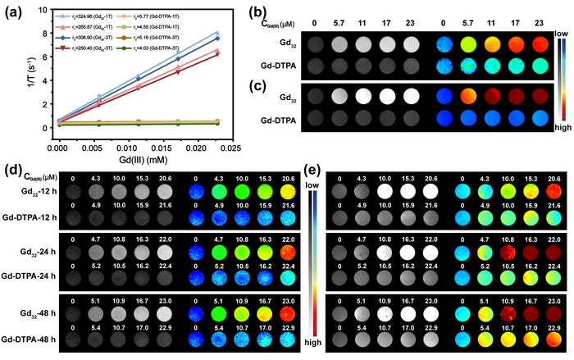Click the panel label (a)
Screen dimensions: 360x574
15,11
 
